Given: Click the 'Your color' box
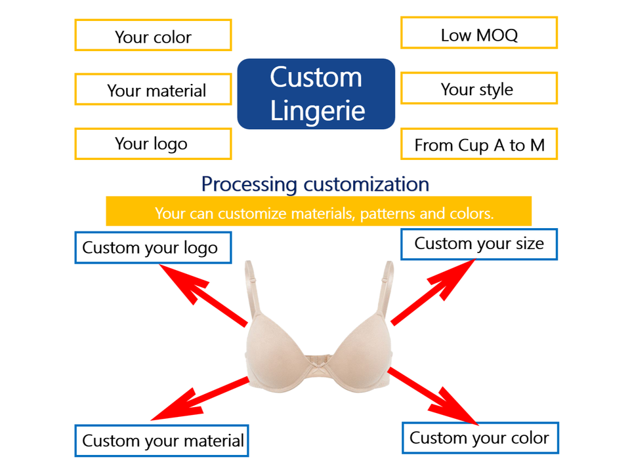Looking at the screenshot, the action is coord(153,35).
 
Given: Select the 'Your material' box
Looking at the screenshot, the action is coord(153,89).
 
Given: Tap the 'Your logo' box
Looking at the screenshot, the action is coord(153,144).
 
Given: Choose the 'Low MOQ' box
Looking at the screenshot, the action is coord(478,33).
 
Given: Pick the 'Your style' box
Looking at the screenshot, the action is coord(478,88).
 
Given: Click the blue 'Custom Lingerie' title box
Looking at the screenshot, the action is coord(316,94).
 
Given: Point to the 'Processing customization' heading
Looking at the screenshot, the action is coord(315,184).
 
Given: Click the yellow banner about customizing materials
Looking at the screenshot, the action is coord(318,212).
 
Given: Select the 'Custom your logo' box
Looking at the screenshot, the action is coord(153,247).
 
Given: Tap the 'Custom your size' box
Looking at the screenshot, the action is coord(478,244).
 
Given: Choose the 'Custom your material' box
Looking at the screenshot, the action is coord(162,441).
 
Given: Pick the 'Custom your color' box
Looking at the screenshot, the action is coord(480,438).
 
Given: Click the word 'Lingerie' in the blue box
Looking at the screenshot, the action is coord(318,110).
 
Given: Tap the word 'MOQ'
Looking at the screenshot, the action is coord(496,35).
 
